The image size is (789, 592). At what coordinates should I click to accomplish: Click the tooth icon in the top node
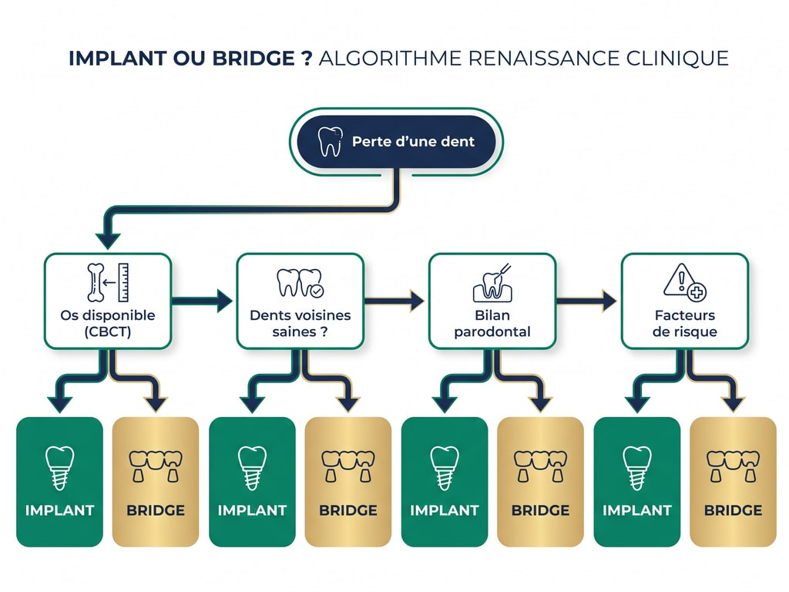pyautogui.click(x=331, y=141)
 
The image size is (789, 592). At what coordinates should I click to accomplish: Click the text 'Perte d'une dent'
pyautogui.click(x=413, y=141)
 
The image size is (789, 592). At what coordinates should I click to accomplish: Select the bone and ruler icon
pyautogui.click(x=107, y=283)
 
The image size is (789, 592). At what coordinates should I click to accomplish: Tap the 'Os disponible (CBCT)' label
pyautogui.click(x=107, y=323)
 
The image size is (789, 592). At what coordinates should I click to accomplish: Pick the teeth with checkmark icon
pyautogui.click(x=300, y=283)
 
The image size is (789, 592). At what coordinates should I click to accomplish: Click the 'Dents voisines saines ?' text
pyautogui.click(x=300, y=323)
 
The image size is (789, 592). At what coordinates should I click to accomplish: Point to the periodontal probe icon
pyautogui.click(x=492, y=283)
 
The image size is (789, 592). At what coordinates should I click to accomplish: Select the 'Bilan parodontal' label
pyautogui.click(x=492, y=323)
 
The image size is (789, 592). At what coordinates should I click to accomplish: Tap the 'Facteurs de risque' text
pyautogui.click(x=684, y=323)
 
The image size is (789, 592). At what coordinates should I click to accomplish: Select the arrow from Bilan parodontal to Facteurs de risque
pyautogui.click(x=588, y=301)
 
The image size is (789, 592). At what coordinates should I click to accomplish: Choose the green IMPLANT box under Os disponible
pyautogui.click(x=59, y=482)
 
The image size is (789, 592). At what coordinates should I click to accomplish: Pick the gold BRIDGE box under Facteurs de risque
pyautogui.click(x=733, y=482)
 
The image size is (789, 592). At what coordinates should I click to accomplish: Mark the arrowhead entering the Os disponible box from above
pyautogui.click(x=107, y=241)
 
